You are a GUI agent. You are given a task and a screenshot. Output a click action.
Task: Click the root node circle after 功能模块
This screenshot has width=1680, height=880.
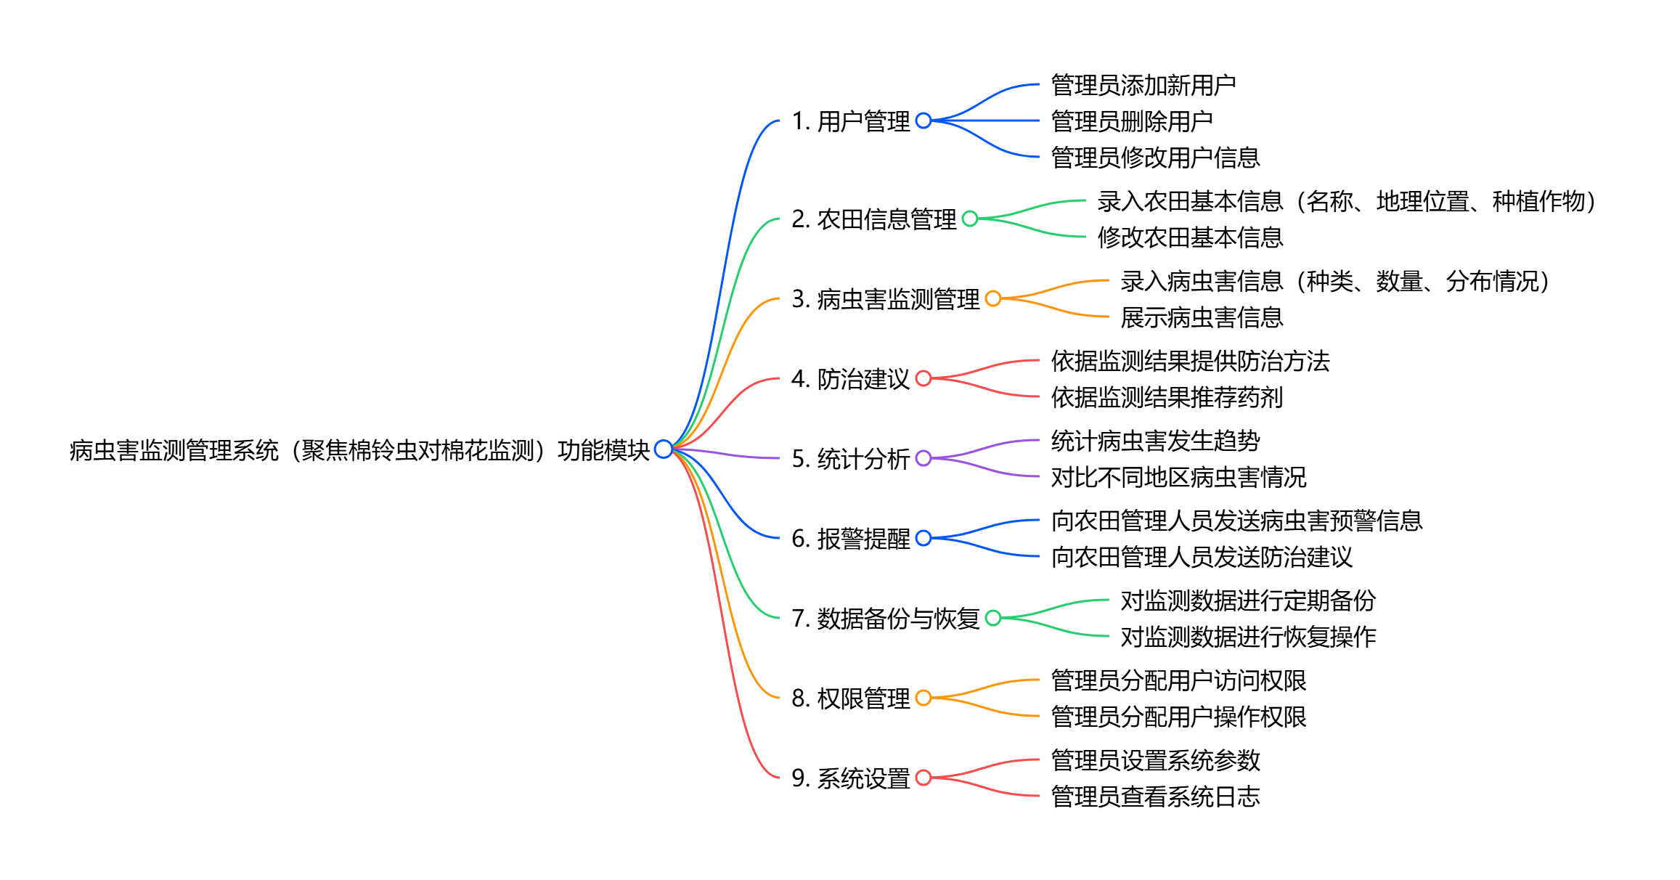663,449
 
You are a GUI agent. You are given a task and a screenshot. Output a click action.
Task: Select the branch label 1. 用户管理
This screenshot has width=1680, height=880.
850,121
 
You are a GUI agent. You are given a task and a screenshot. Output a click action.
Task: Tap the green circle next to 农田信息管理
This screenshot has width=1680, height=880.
970,219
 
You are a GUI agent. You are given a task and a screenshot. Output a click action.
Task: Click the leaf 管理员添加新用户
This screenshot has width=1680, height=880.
1143,85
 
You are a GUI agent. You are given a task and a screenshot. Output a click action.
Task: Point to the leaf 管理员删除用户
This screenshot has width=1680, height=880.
1132,121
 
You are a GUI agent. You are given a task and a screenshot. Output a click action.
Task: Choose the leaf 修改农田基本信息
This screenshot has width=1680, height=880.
1190,237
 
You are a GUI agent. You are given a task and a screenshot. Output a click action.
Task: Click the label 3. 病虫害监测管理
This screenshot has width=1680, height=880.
885,299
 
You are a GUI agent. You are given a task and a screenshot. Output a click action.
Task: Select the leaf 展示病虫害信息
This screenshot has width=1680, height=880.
1202,317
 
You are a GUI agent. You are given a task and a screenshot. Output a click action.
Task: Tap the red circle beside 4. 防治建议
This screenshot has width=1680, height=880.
923,378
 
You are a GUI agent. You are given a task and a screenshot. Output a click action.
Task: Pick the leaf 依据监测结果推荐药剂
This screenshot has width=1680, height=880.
1167,397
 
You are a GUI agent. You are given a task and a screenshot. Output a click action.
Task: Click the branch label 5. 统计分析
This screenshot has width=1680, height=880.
850,459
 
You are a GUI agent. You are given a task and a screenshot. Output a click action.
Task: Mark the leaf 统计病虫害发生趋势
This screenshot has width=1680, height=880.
1155,441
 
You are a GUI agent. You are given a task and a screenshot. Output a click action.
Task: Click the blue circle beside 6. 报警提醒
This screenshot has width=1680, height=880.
923,538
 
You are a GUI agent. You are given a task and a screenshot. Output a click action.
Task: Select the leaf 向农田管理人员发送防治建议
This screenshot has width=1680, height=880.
1202,557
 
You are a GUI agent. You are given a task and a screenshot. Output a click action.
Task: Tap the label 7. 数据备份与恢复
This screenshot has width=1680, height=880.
885,619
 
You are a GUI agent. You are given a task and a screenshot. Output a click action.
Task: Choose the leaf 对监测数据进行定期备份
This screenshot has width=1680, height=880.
1248,600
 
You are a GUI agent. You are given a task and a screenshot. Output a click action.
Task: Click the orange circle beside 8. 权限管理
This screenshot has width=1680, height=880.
923,698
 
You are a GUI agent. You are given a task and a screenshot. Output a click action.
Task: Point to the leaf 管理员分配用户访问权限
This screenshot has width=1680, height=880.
1178,680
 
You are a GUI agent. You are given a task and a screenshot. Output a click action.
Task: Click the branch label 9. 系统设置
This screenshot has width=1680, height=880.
850,778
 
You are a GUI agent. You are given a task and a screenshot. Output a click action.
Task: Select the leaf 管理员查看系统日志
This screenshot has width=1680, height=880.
1155,797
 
